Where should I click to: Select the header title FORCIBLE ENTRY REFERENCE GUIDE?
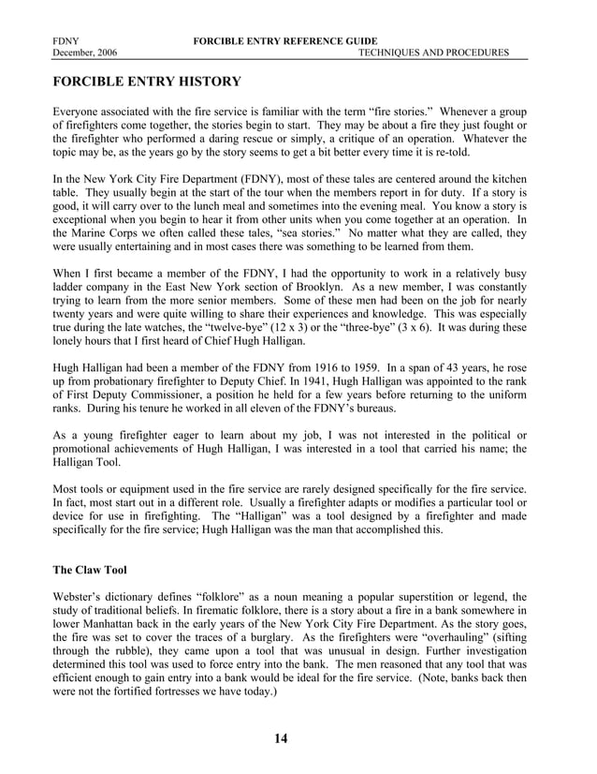(x=284, y=41)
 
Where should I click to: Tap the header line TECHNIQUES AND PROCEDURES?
(x=434, y=52)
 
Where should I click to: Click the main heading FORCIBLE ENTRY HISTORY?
(x=147, y=82)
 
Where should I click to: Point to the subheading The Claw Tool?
(x=92, y=569)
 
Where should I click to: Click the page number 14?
(x=282, y=738)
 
